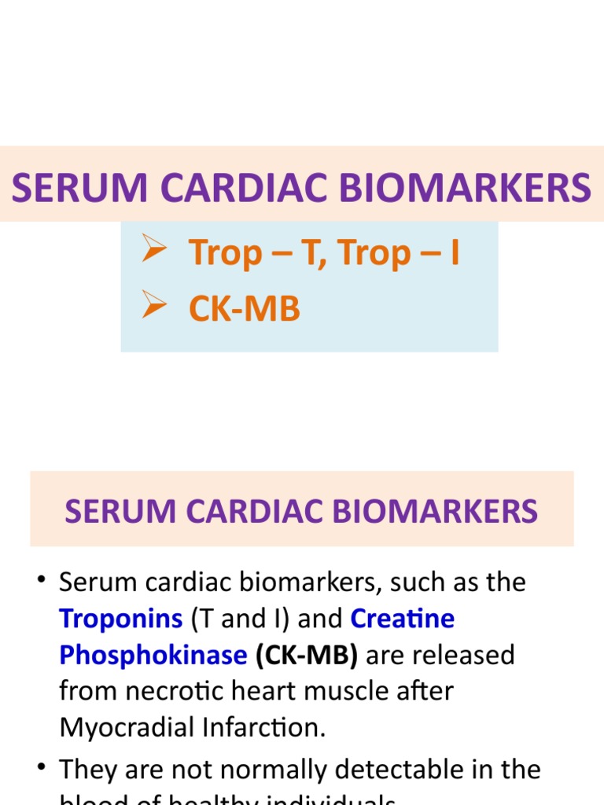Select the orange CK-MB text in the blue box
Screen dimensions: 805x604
pyautogui.click(x=244, y=309)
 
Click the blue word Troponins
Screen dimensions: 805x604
pyautogui.click(x=120, y=619)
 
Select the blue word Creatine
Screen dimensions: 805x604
pyautogui.click(x=402, y=619)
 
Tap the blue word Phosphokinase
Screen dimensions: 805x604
pyautogui.click(x=153, y=655)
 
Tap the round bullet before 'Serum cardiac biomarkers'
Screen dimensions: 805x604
pyautogui.click(x=42, y=583)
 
